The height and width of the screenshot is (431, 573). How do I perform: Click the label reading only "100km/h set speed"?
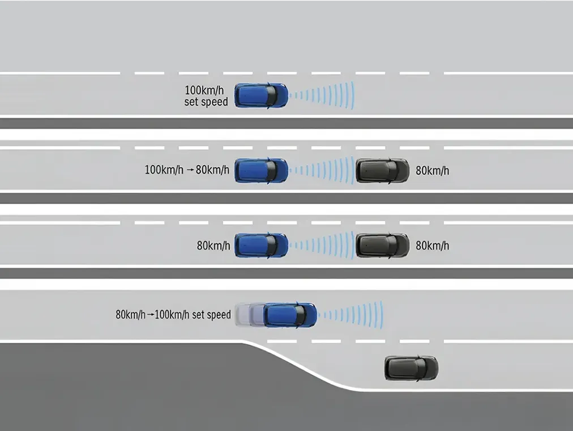(207, 96)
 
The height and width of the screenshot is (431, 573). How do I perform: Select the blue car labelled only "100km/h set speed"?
(261, 95)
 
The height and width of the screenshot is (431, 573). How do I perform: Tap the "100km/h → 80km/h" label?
(187, 170)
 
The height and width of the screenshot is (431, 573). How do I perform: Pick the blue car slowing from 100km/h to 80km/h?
(261, 170)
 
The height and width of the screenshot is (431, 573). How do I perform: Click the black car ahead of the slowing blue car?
(382, 170)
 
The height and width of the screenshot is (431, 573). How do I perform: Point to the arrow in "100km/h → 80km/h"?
(190, 170)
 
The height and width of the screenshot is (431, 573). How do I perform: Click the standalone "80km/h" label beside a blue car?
(213, 246)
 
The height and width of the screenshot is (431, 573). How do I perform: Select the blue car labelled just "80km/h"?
(261, 245)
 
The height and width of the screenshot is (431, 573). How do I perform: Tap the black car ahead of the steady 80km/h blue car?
(382, 245)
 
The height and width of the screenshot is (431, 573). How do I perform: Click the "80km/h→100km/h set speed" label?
(173, 314)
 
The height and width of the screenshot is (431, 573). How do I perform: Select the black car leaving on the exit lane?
(411, 368)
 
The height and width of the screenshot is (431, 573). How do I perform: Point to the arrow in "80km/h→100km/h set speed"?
(151, 314)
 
